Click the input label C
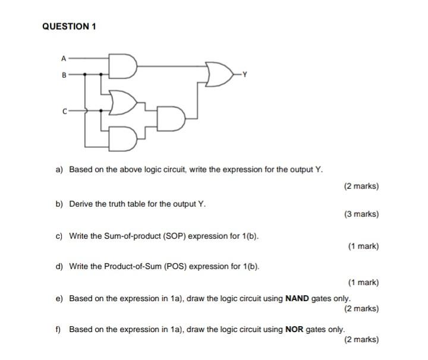click(x=64, y=110)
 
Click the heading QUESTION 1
click(x=70, y=26)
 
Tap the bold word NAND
click(x=297, y=298)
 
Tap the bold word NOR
click(x=294, y=329)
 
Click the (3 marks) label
click(x=361, y=214)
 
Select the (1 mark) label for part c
click(x=363, y=246)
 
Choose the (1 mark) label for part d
click(x=363, y=283)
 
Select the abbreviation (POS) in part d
click(x=173, y=266)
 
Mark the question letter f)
click(x=59, y=329)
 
